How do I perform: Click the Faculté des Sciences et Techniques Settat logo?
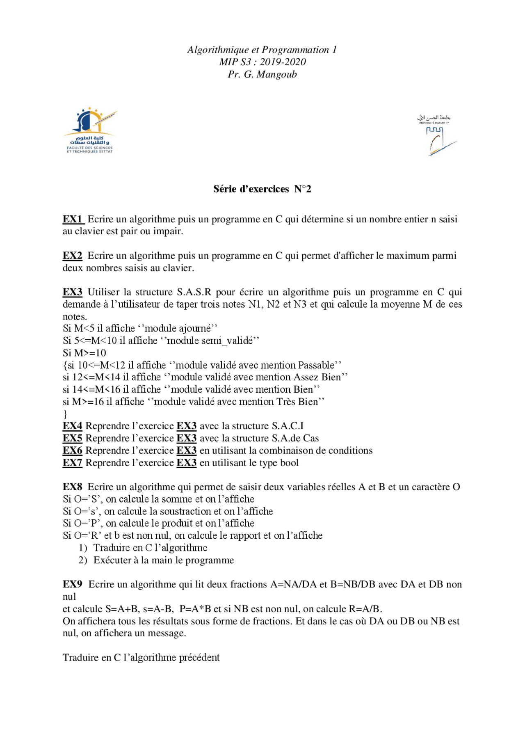[x=90, y=130]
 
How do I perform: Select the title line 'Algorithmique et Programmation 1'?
[x=262, y=50]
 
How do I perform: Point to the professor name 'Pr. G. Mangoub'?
[x=262, y=75]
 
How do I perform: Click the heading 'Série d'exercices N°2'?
[x=262, y=189]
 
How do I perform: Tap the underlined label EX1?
[x=73, y=219]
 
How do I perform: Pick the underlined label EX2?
[x=73, y=256]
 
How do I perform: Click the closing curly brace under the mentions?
[x=65, y=414]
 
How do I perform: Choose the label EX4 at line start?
[x=73, y=426]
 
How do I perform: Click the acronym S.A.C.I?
[x=288, y=426]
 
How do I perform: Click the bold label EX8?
[x=73, y=487]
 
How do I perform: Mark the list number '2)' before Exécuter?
[x=83, y=560]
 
